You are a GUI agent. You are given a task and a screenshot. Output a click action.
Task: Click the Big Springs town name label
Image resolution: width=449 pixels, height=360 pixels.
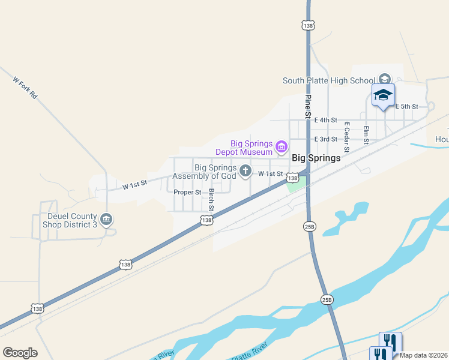pyautogui.click(x=316, y=158)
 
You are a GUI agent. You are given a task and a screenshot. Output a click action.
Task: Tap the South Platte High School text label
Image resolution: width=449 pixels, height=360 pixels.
pyautogui.click(x=329, y=81)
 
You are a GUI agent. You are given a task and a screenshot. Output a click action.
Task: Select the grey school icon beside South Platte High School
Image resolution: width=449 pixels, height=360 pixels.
pyautogui.click(x=385, y=79)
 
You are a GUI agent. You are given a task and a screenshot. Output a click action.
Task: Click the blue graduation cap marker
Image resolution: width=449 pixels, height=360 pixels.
pyautogui.click(x=384, y=95)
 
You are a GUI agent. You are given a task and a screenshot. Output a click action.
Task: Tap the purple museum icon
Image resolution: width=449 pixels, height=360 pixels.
pyautogui.click(x=280, y=146)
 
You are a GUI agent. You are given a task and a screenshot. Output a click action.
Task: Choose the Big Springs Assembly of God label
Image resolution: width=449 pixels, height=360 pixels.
pyautogui.click(x=205, y=172)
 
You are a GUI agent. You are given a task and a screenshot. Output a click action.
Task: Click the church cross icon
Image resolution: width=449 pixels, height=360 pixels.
pyautogui.click(x=245, y=172)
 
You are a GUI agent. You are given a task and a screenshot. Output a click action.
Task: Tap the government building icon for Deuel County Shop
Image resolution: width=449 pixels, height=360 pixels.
pyautogui.click(x=107, y=220)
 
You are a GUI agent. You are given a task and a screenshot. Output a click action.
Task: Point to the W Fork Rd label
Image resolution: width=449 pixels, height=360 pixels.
pyautogui.click(x=25, y=88)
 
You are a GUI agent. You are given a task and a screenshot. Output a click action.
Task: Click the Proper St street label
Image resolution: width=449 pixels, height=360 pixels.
pyautogui.click(x=187, y=192)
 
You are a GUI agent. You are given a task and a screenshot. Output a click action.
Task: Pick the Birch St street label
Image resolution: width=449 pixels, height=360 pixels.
pyautogui.click(x=211, y=200)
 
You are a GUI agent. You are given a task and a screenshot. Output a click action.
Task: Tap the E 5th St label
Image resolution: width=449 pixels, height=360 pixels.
pyautogui.click(x=406, y=106)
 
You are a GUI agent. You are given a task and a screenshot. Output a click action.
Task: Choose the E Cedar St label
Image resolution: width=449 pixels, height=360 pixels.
pyautogui.click(x=346, y=137)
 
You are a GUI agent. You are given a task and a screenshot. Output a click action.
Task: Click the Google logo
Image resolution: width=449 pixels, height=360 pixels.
pyautogui.click(x=20, y=353)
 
